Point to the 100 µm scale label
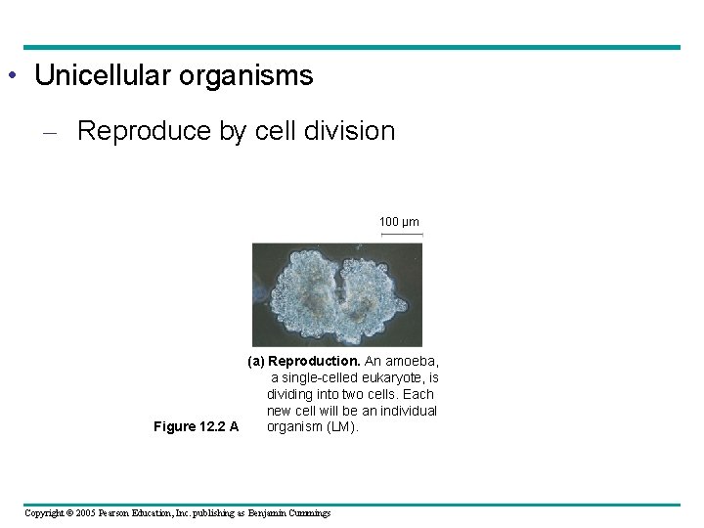[399, 222]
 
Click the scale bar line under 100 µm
[401, 235]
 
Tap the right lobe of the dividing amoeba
[375, 292]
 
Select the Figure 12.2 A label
[197, 426]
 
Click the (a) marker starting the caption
[257, 361]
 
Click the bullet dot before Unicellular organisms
[10, 76]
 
